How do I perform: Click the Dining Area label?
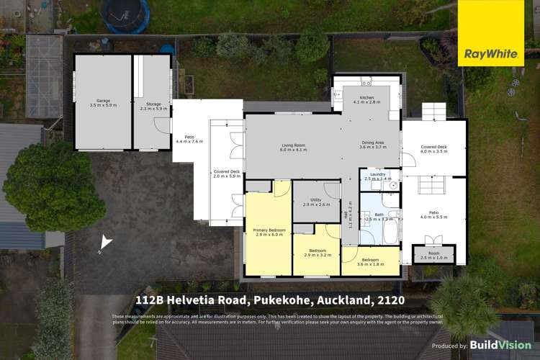click(x=374, y=144)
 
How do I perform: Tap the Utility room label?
click(x=315, y=202)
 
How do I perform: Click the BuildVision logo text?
click(x=501, y=346)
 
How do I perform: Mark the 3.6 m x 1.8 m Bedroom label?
click(x=370, y=262)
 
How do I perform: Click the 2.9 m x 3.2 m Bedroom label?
click(x=317, y=253)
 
